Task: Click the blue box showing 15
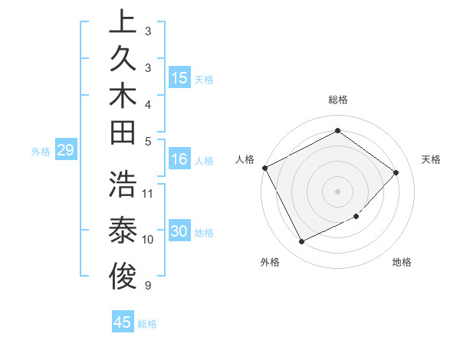coord(179,78)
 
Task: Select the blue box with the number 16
coord(179,160)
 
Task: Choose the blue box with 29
coord(65,150)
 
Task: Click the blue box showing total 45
coord(123,322)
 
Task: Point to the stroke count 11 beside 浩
coord(148,193)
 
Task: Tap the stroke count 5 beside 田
coord(148,141)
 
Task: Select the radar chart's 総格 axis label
coord(337,100)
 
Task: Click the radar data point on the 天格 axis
coord(396,172)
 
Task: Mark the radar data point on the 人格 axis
coord(264,168)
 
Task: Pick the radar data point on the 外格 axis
coord(301,242)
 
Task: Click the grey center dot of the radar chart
coord(337,191)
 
